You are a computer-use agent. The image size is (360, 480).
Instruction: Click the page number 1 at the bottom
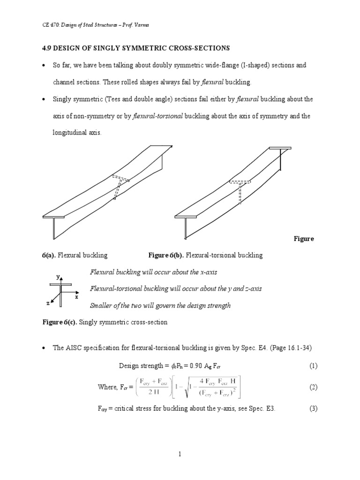(x=179, y=454)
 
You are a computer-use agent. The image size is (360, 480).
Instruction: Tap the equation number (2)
(x=314, y=387)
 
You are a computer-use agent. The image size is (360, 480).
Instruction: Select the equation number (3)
(x=314, y=408)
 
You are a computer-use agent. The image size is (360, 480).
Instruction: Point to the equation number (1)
(x=314, y=366)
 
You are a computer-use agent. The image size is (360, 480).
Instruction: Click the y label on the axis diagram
(x=58, y=277)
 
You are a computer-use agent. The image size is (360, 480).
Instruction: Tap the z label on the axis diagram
(x=48, y=303)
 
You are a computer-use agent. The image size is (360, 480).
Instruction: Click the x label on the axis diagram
(x=76, y=297)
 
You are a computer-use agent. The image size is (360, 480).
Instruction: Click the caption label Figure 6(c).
(x=59, y=323)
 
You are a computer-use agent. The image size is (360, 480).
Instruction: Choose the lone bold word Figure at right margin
(x=304, y=239)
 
